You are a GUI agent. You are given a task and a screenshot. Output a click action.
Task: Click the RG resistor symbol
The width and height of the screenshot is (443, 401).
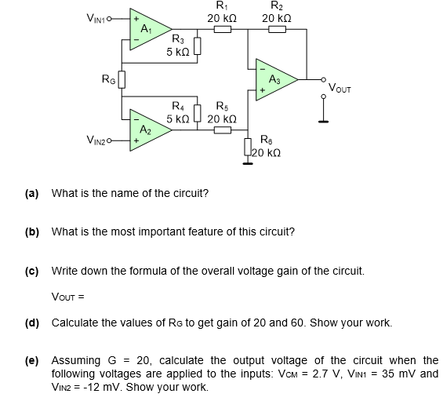pos(122,79)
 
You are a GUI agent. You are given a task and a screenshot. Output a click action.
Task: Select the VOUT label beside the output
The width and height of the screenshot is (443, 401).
pos(342,86)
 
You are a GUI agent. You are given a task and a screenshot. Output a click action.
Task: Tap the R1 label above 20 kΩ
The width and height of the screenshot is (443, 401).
pos(222,6)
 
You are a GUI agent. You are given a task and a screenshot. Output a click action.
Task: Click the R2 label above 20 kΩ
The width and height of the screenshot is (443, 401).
pos(277,6)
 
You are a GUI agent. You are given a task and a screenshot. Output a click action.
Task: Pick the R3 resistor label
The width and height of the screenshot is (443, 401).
pos(178,40)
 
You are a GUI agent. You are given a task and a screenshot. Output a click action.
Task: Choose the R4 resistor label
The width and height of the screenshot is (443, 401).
pos(178,107)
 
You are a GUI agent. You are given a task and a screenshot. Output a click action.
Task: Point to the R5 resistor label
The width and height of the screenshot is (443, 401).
pos(222,107)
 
